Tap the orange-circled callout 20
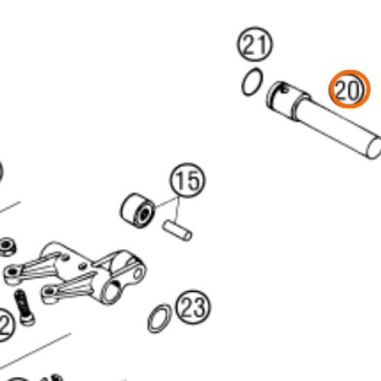point(350,89)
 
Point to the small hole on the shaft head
point(285,89)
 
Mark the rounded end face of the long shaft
point(374,148)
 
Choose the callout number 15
point(187,181)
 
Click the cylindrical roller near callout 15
point(137,210)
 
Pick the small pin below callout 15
point(177,231)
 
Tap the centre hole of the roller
point(145,214)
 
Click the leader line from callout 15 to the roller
point(166,202)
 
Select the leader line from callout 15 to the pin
point(178,210)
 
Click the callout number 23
point(193,308)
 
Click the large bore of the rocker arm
point(112,292)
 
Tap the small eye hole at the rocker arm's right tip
point(138,274)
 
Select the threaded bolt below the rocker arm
point(24,308)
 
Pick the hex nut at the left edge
point(7,246)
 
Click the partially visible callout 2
point(5,325)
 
